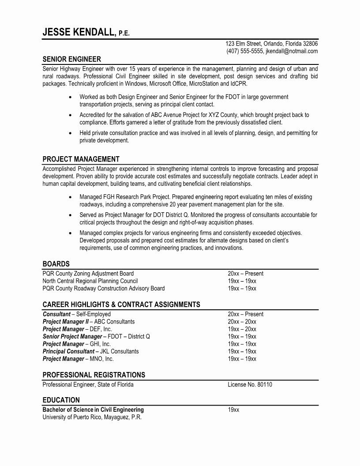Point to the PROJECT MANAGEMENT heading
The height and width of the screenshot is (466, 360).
click(x=81, y=159)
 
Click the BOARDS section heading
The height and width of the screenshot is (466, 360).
click(x=56, y=264)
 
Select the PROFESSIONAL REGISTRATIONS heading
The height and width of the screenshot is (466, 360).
click(x=94, y=375)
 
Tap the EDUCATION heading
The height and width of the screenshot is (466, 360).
click(x=61, y=400)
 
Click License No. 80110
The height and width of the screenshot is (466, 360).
click(x=250, y=384)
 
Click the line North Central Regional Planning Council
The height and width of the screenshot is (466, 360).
click(x=90, y=281)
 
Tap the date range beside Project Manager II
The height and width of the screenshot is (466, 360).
click(x=242, y=322)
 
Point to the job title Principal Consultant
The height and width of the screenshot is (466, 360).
click(x=68, y=351)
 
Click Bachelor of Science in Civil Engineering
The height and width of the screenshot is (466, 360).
click(x=93, y=410)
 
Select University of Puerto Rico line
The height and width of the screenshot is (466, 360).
click(x=92, y=417)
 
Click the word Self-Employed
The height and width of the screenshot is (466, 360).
click(x=94, y=314)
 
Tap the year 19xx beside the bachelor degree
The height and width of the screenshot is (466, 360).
click(x=233, y=410)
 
